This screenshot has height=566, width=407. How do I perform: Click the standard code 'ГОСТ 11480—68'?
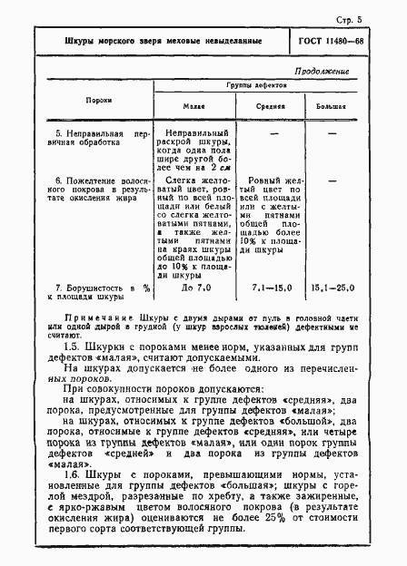354,43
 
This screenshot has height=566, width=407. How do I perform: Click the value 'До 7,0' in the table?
195,288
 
